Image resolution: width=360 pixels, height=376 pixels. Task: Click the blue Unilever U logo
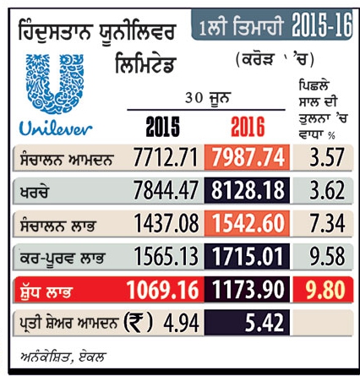pyautogui.click(x=55, y=84)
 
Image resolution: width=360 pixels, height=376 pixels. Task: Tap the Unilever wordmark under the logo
pyautogui.click(x=56, y=128)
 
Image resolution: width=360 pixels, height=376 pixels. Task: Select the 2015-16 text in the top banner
pyautogui.click(x=322, y=24)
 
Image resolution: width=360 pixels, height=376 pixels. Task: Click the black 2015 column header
pyautogui.click(x=162, y=127)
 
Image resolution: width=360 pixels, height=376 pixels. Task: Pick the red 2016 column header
pyautogui.click(x=248, y=127)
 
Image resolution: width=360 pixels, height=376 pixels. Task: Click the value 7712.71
pyautogui.click(x=166, y=157)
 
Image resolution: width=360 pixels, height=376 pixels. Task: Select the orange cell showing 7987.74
pyautogui.click(x=247, y=157)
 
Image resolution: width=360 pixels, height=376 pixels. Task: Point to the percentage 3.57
pyautogui.click(x=327, y=157)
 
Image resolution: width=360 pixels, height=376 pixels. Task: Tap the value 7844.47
pyautogui.click(x=166, y=190)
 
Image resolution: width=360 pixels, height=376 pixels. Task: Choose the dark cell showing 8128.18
pyautogui.click(x=247, y=190)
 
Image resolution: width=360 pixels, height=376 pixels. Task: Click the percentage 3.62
pyautogui.click(x=327, y=190)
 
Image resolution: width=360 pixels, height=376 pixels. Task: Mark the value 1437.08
pyautogui.click(x=166, y=223)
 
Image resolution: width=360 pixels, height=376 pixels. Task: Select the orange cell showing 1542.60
pyautogui.click(x=247, y=223)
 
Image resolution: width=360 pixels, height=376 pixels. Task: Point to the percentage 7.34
pyautogui.click(x=327, y=223)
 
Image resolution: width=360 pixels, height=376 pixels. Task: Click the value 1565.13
pyautogui.click(x=166, y=256)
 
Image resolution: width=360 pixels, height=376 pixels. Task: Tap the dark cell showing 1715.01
pyautogui.click(x=247, y=256)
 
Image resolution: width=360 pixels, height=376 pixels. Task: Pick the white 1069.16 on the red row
pyautogui.click(x=162, y=290)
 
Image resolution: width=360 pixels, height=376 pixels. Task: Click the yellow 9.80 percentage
pyautogui.click(x=325, y=290)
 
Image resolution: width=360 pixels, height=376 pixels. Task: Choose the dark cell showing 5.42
pyautogui.click(x=247, y=323)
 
